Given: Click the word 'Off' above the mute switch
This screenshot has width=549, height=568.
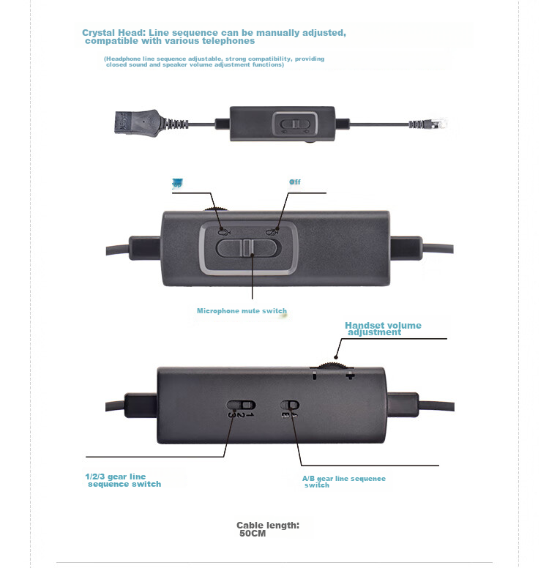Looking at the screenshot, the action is tap(294, 182).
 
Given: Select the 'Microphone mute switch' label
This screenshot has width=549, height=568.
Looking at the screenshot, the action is tap(242, 311).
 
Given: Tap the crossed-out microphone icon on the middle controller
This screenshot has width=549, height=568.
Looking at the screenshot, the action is tap(272, 232).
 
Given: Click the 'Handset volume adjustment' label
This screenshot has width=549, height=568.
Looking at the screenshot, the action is tap(383, 329).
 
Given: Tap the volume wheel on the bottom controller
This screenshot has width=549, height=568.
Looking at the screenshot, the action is tap(332, 362).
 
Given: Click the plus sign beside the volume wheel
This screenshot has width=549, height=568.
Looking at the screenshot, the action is tap(350, 375).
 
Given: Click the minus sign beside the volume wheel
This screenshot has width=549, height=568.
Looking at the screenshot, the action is tap(314, 375).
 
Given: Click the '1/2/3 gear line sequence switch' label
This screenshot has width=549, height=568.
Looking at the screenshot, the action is tap(122, 480).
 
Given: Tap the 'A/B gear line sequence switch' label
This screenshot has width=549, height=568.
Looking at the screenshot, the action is tap(343, 482).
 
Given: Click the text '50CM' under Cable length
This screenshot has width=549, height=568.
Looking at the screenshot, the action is tap(253, 534).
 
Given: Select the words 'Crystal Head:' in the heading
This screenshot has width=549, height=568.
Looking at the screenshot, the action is tap(114, 33).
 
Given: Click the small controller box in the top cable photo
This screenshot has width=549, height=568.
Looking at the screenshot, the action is tap(274, 124).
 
